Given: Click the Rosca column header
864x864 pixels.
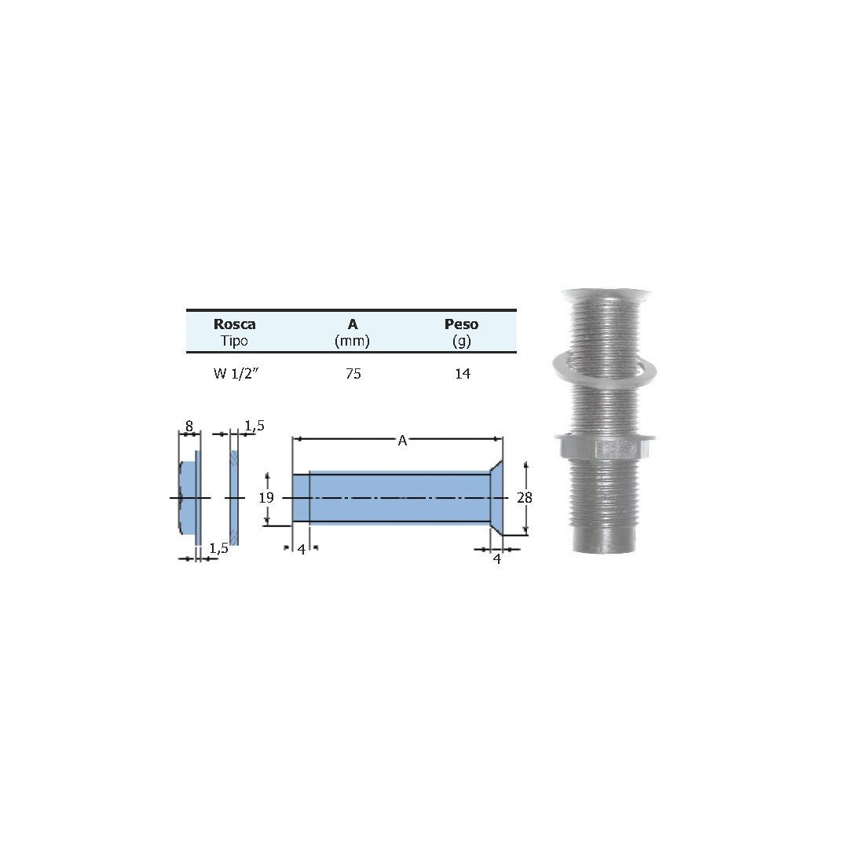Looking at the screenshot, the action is [x=234, y=324].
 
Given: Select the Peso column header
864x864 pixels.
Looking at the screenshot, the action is [x=461, y=324].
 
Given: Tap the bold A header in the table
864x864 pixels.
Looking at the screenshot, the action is [x=353, y=324].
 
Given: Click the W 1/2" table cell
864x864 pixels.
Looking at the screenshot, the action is [x=236, y=374].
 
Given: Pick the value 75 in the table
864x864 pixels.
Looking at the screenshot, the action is [x=353, y=374].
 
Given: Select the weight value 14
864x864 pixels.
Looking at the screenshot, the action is [x=463, y=374].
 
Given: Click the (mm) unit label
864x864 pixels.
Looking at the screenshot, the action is [x=352, y=341].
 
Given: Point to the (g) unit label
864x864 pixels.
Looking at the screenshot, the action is [x=462, y=341].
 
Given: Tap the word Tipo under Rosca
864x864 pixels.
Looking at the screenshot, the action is [x=234, y=341].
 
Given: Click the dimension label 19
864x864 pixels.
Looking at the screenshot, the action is [x=266, y=497].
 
